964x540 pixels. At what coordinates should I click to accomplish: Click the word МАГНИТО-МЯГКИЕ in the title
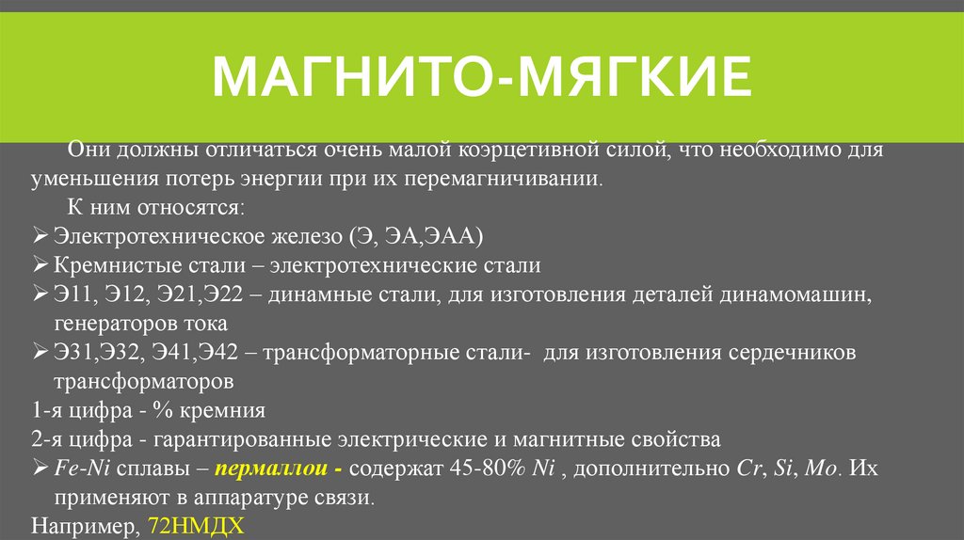point(482,78)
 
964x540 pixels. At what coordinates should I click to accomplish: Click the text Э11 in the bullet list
point(72,295)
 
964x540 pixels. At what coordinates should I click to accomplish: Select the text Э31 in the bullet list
point(72,354)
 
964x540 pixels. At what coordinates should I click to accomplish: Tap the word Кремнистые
point(104,265)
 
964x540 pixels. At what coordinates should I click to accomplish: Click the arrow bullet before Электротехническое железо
point(39,235)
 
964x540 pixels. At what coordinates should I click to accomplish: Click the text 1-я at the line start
point(47,411)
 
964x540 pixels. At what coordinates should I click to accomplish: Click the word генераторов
point(111,325)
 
